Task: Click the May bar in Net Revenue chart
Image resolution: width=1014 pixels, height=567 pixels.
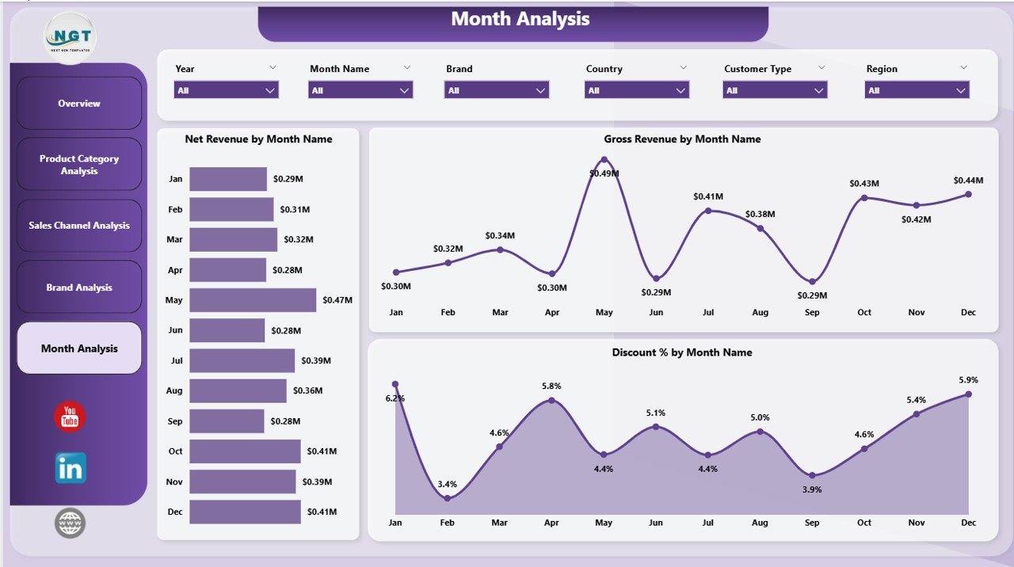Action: point(252,300)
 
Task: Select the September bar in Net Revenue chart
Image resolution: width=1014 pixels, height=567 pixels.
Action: point(227,421)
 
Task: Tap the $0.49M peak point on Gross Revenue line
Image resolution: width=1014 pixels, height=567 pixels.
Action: point(604,159)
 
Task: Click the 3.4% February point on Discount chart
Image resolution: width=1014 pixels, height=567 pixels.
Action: point(448,498)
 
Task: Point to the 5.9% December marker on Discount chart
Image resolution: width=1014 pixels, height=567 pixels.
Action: point(968,394)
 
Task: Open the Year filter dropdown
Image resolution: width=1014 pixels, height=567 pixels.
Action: point(226,90)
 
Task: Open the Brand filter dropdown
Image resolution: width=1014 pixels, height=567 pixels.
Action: point(497,90)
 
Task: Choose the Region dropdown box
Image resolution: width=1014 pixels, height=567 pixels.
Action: point(917,90)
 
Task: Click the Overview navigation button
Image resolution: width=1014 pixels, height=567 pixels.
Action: point(79,104)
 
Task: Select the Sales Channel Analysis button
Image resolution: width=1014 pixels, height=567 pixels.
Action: point(79,226)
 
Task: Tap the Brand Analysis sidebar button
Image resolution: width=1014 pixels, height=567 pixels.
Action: point(79,287)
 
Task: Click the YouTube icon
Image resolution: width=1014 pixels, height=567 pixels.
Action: point(70,417)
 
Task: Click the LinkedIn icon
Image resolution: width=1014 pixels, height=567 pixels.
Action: point(71,469)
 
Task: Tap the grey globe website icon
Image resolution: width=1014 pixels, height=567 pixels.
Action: point(70,523)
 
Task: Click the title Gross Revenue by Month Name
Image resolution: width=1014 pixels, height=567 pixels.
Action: point(682,139)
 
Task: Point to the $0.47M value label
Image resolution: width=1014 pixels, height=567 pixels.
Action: point(337,300)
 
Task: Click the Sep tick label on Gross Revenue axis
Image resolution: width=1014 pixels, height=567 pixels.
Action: point(812,313)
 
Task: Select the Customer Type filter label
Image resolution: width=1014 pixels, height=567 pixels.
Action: point(757,69)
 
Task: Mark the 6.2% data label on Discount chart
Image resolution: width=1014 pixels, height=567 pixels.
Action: point(395,398)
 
